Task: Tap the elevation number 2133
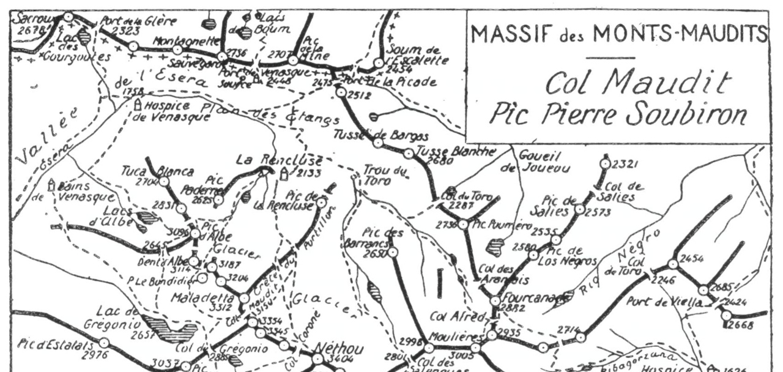click(x=301, y=174)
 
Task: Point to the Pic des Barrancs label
click(x=382, y=239)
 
